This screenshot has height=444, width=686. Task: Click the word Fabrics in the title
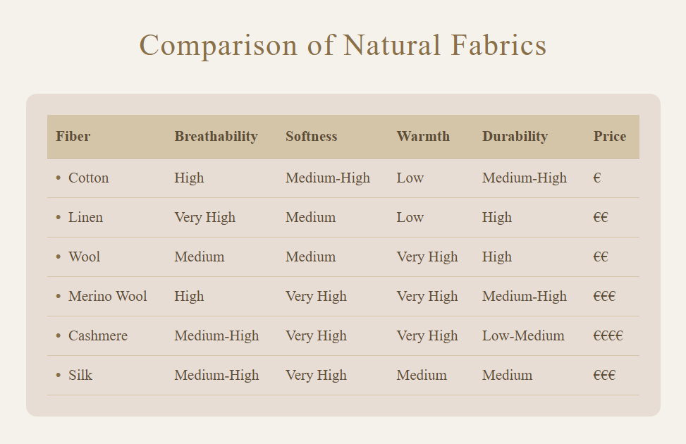coord(498,45)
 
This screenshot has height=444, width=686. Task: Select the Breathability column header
coord(216,137)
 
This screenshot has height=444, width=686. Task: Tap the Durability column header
coord(515,137)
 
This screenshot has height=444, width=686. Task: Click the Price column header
coord(610,136)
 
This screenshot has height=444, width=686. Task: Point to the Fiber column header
coord(73,136)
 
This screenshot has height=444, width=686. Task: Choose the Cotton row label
coord(88,178)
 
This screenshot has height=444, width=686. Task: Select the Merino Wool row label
coord(108,296)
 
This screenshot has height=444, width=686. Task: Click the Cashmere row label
coord(98,335)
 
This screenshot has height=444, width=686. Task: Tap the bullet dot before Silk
coord(59,375)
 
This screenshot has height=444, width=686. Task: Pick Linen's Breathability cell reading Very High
coord(204,217)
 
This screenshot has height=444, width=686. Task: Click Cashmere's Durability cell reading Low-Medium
coord(523,335)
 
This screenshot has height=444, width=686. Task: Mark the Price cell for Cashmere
coord(608,335)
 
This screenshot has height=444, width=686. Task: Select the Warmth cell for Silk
coord(422,375)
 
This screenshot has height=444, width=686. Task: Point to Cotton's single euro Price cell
coord(597,178)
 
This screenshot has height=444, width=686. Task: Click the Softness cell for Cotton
coord(328,178)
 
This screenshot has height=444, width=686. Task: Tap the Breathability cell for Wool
coord(200,257)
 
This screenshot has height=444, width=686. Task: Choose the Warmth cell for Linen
coord(410,217)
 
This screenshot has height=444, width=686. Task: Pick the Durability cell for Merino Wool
coord(525,296)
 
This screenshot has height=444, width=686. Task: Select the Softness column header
coord(312,136)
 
